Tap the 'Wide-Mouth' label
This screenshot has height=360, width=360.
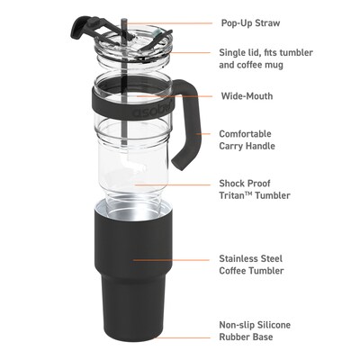[x=247, y=95]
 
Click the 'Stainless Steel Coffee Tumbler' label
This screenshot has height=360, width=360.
[x=253, y=264]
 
